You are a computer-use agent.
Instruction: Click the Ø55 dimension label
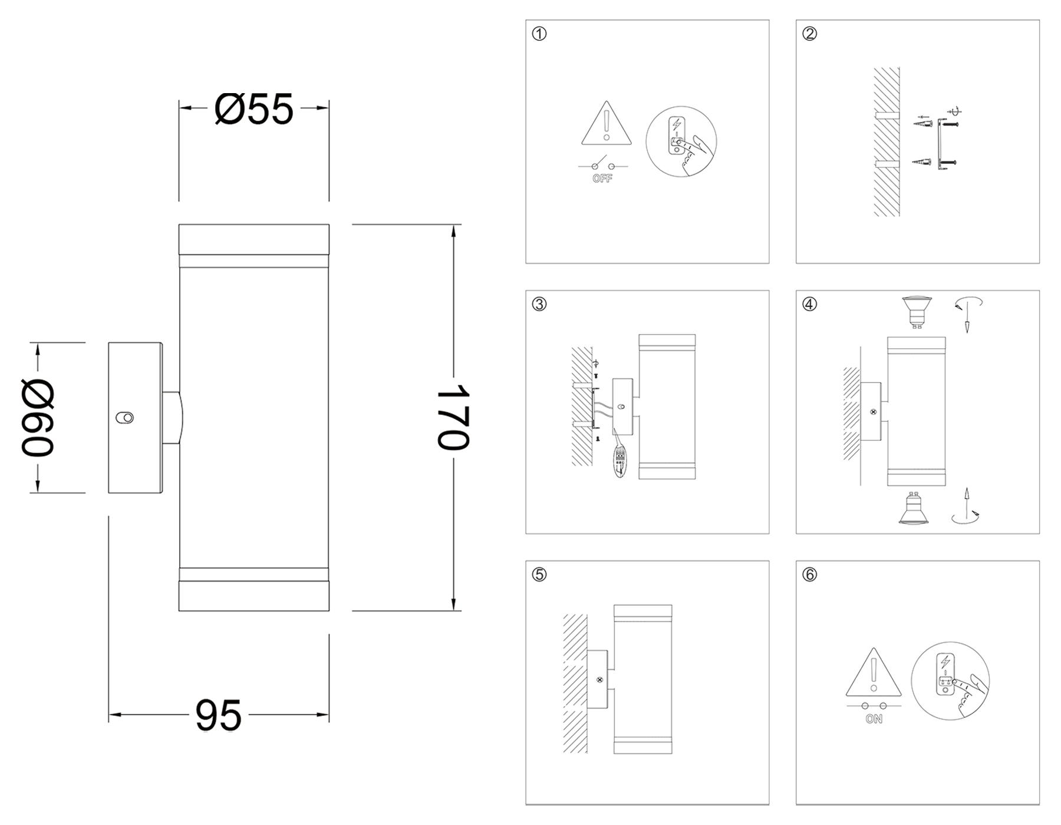pyautogui.click(x=254, y=109)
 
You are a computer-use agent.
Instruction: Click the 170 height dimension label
pyautogui.click(x=453, y=417)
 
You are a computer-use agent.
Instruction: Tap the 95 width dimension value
pyautogui.click(x=218, y=715)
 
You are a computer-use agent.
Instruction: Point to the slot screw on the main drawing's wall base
pyautogui.click(x=125, y=417)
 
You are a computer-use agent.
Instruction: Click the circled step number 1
pyautogui.click(x=539, y=34)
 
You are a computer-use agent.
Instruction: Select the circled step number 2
pyautogui.click(x=809, y=34)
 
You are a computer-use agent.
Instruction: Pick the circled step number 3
pyautogui.click(x=539, y=304)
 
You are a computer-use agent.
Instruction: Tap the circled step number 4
pyautogui.click(x=809, y=304)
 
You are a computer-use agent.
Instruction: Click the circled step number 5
pyautogui.click(x=539, y=575)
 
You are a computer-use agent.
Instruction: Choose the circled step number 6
pyautogui.click(x=809, y=575)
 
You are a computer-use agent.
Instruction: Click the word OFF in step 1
pyautogui.click(x=602, y=179)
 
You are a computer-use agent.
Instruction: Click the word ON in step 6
pyautogui.click(x=874, y=719)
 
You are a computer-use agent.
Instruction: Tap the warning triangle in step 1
pyautogui.click(x=607, y=125)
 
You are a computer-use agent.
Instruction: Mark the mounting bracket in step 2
pyautogui.click(x=939, y=144)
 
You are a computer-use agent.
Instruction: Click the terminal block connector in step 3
pyautogui.click(x=621, y=458)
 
